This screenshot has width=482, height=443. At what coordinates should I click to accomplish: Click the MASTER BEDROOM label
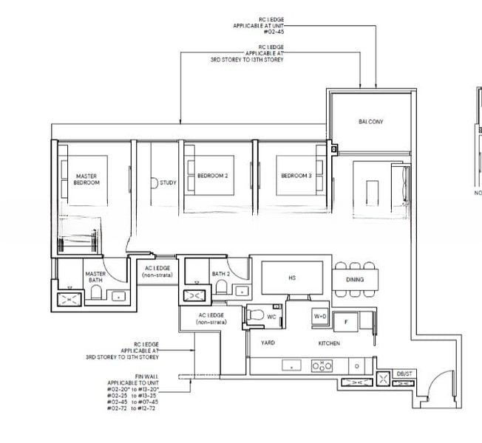(x=86, y=179)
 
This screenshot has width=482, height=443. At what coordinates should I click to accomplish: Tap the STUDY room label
(x=168, y=182)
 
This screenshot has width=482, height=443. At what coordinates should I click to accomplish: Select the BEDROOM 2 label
(x=212, y=176)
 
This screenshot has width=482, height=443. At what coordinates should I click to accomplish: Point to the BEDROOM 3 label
(x=296, y=176)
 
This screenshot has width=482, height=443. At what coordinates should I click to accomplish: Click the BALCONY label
(x=370, y=121)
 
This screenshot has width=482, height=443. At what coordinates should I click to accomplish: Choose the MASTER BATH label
(x=95, y=277)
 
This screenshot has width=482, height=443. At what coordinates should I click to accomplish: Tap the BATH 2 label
(x=221, y=274)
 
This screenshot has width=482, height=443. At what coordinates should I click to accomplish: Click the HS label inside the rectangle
(x=291, y=278)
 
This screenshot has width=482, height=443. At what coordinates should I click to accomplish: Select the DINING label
(x=355, y=280)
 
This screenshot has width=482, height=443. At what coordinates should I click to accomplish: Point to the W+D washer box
(x=320, y=316)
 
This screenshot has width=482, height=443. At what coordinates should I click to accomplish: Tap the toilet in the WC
(x=257, y=315)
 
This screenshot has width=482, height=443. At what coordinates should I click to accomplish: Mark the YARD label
(x=268, y=343)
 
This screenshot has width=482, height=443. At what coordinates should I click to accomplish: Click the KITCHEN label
(x=329, y=343)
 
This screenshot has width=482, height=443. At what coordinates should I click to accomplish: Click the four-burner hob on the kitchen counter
(x=322, y=365)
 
